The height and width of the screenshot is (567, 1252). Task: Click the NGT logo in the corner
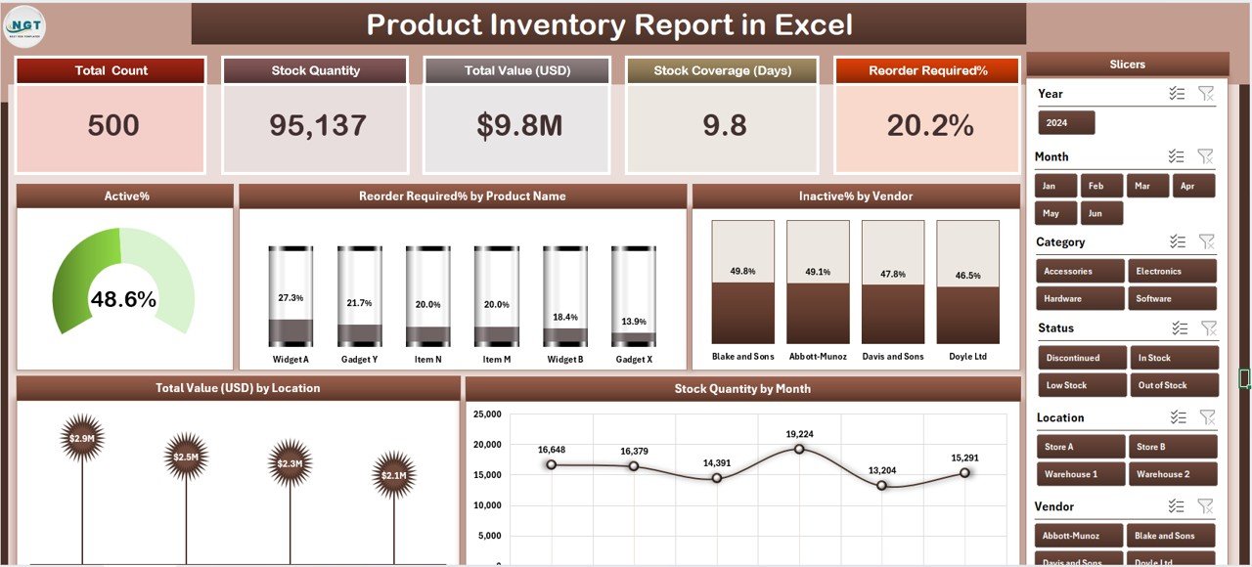pyautogui.click(x=24, y=25)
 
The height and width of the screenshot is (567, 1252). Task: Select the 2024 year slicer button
pyautogui.click(x=1066, y=123)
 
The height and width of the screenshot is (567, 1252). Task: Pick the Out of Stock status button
pyautogui.click(x=1174, y=385)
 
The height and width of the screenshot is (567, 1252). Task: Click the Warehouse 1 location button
pyautogui.click(x=1081, y=474)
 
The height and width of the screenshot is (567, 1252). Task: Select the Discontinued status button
pyautogui.click(x=1081, y=358)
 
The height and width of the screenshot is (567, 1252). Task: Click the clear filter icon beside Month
pyautogui.click(x=1206, y=156)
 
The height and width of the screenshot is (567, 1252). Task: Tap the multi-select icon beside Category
pyautogui.click(x=1177, y=241)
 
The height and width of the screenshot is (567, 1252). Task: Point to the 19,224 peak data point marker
pyautogui.click(x=799, y=449)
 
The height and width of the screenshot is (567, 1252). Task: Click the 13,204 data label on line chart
pyautogui.click(x=881, y=470)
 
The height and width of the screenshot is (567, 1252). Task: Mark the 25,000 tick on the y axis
pyautogui.click(x=486, y=414)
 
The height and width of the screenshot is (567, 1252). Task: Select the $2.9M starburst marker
pyautogui.click(x=80, y=438)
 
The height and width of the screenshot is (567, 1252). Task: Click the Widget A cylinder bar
pyautogui.click(x=291, y=296)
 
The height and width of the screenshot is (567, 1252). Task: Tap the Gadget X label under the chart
pyautogui.click(x=633, y=359)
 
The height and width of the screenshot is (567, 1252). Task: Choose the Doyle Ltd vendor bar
pyautogui.click(x=967, y=282)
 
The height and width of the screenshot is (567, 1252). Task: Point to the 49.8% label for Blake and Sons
pyautogui.click(x=742, y=271)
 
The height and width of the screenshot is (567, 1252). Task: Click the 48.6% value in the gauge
pyautogui.click(x=123, y=300)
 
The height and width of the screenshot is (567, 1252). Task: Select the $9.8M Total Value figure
pyautogui.click(x=517, y=125)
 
